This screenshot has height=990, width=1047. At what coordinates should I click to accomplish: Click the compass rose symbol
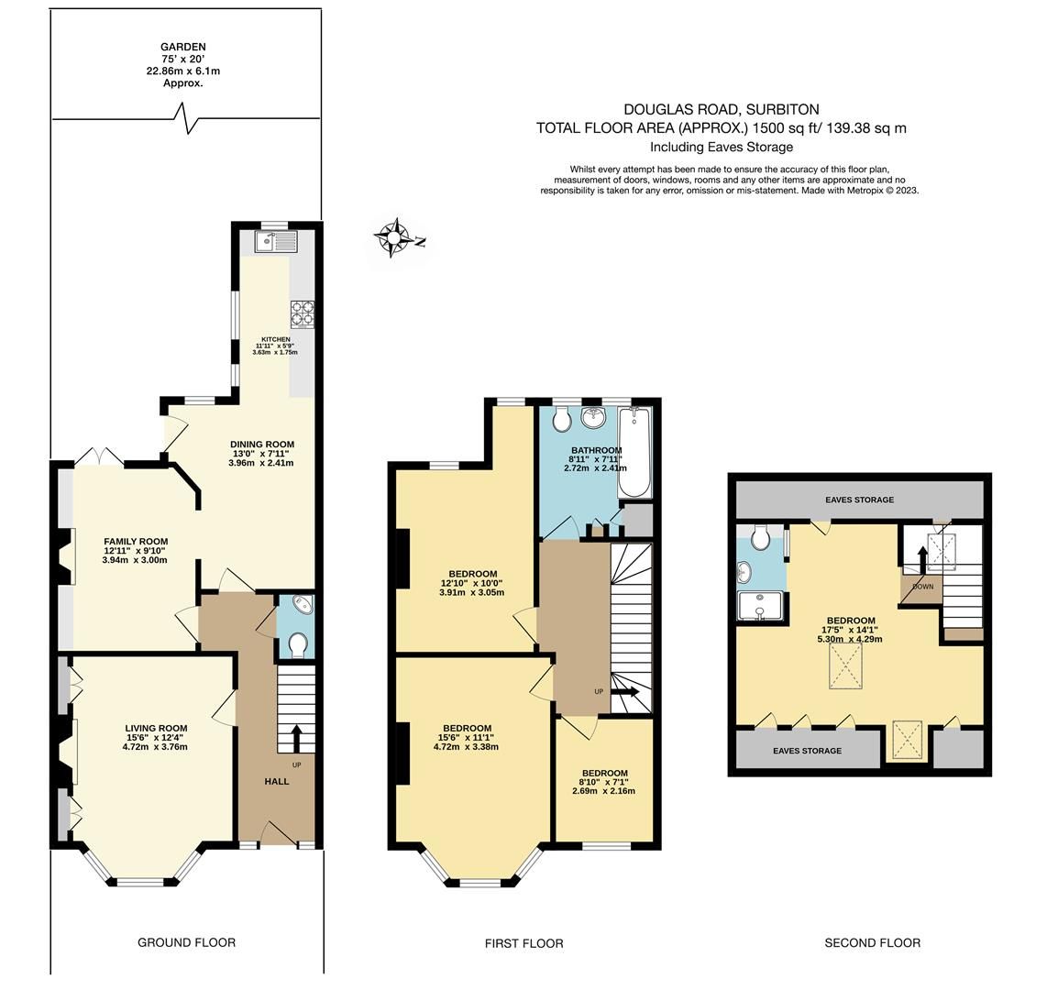point(396,239)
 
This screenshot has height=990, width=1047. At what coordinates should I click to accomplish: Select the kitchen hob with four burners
point(303,314)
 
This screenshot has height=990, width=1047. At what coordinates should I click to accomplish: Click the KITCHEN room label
point(275,339)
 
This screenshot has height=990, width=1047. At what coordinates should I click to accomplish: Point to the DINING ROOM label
point(261,445)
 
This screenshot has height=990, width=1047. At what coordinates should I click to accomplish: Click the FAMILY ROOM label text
point(136,542)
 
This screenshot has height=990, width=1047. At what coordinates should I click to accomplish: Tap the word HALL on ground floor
point(277,782)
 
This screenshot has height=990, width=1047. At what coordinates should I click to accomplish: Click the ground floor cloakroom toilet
point(296,646)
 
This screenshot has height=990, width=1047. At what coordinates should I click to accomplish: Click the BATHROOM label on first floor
point(596,450)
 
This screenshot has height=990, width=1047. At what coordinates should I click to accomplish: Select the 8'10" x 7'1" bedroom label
point(604,773)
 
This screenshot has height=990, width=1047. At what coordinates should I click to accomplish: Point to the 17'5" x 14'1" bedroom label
point(852,621)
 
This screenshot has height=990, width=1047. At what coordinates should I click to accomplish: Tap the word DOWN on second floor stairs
point(922,587)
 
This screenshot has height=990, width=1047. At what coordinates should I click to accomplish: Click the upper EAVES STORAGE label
point(859,500)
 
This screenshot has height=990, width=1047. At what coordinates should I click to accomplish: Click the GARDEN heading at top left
point(183,47)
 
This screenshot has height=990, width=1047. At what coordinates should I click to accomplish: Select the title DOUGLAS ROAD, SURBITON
point(722,109)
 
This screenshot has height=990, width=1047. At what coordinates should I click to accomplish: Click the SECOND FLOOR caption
point(872,942)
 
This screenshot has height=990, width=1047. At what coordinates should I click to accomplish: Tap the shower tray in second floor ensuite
point(761,607)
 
